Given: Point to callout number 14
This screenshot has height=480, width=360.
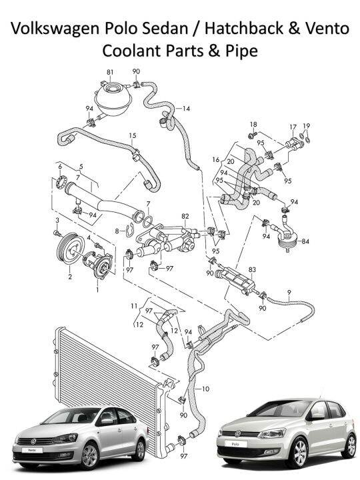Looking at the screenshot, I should tap(186, 108).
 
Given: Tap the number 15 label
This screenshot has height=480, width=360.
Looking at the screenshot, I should tap(133, 136).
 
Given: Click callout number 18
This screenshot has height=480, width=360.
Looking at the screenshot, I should tap(253, 125).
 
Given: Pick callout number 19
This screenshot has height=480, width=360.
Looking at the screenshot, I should tap(307, 125).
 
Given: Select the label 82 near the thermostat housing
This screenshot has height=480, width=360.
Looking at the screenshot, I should tap(185, 216).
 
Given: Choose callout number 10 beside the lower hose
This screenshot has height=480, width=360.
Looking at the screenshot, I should tap(205, 388).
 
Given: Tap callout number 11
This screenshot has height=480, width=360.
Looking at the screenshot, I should tap(134, 305).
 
